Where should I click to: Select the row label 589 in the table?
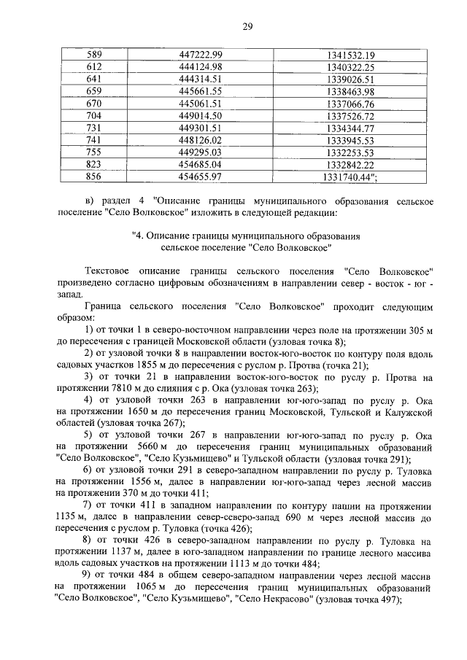point(95,55)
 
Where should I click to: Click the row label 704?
point(95,116)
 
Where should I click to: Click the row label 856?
point(95,177)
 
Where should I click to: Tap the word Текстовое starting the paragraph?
point(107,271)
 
